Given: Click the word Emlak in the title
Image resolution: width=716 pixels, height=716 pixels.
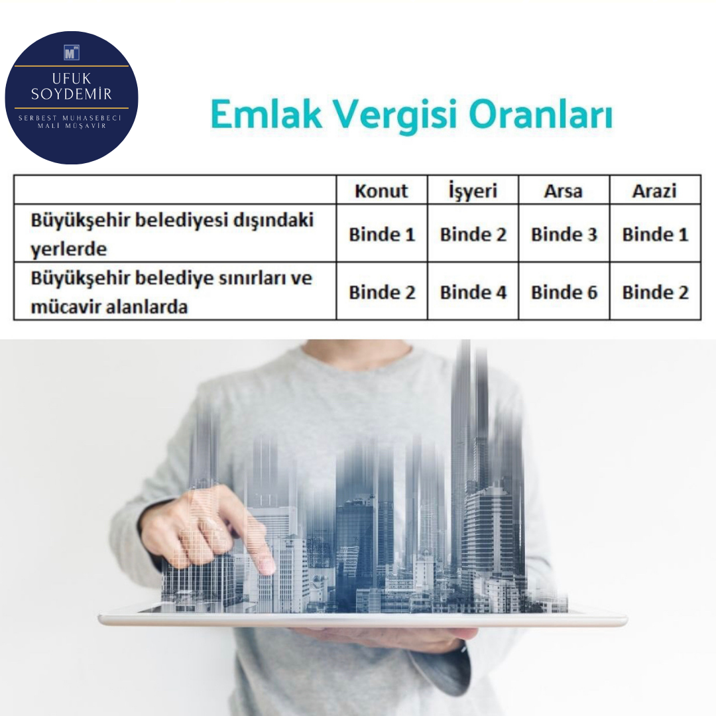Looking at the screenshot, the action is pyautogui.click(x=267, y=114).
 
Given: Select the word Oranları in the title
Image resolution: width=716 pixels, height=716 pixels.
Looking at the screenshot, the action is pyautogui.click(x=540, y=114).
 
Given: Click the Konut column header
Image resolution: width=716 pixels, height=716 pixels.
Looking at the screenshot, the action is pyautogui.click(x=381, y=190).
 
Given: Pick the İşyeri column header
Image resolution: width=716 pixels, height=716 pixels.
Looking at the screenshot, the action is pyautogui.click(x=473, y=190).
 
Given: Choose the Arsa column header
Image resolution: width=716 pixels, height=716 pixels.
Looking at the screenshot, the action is pyautogui.click(x=563, y=191).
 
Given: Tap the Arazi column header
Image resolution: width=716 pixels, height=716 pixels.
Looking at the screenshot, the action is pyautogui.click(x=654, y=191).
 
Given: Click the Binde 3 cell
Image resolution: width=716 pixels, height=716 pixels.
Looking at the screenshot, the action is pyautogui.click(x=564, y=234).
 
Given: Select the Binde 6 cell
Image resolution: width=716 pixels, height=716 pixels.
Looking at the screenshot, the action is pyautogui.click(x=564, y=292).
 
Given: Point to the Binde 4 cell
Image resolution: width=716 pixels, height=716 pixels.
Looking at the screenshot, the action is pyautogui.click(x=473, y=292).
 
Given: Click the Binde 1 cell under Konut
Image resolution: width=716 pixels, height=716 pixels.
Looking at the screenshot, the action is pyautogui.click(x=382, y=234).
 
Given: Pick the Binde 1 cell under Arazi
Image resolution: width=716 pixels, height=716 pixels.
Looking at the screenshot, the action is pyautogui.click(x=655, y=234).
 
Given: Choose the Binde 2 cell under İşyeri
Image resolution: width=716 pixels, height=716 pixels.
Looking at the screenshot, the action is pyautogui.click(x=473, y=234).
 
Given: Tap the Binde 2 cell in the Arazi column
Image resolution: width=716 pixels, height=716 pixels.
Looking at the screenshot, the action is pyautogui.click(x=655, y=292).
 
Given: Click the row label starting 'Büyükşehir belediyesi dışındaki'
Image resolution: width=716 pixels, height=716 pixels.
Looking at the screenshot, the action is pyautogui.click(x=172, y=234).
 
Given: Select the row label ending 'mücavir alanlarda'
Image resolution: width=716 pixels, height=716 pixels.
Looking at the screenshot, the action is pyautogui.click(x=171, y=292).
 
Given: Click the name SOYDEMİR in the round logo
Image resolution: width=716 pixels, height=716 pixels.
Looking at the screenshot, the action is pyautogui.click(x=71, y=94).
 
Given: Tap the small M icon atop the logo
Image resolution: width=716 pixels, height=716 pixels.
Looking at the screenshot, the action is pyautogui.click(x=72, y=53).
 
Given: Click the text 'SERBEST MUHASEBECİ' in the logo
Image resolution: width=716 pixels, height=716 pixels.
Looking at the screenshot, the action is pyautogui.click(x=70, y=118).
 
